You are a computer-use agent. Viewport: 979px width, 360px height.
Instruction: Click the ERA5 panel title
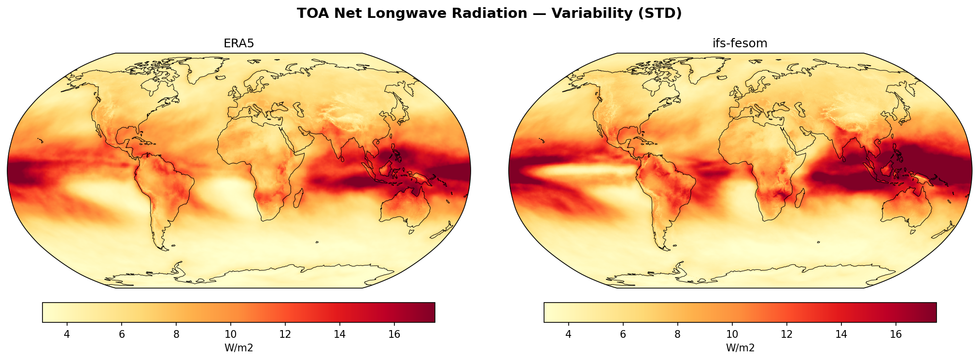tap(238, 43)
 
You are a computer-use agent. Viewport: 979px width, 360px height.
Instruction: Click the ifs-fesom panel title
tap(740, 43)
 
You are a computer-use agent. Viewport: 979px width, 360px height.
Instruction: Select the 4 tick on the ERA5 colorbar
tap(67, 334)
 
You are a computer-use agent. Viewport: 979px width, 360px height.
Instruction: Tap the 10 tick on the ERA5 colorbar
tap(230, 334)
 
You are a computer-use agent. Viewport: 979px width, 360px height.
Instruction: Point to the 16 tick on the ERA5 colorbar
tap(394, 334)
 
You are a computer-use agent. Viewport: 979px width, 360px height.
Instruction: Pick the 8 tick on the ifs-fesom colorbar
tap(677, 334)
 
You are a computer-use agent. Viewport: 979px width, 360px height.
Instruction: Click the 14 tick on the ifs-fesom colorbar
tap(841, 334)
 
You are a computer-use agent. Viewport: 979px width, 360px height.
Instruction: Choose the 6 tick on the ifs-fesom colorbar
tap(623, 334)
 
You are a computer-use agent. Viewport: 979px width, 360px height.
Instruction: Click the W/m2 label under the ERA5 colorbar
tap(238, 348)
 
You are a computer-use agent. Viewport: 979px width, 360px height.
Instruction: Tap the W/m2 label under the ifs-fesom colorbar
tap(740, 348)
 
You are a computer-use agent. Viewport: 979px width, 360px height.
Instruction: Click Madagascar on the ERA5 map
tap(299, 198)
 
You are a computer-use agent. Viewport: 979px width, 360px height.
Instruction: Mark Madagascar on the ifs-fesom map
tap(800, 198)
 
